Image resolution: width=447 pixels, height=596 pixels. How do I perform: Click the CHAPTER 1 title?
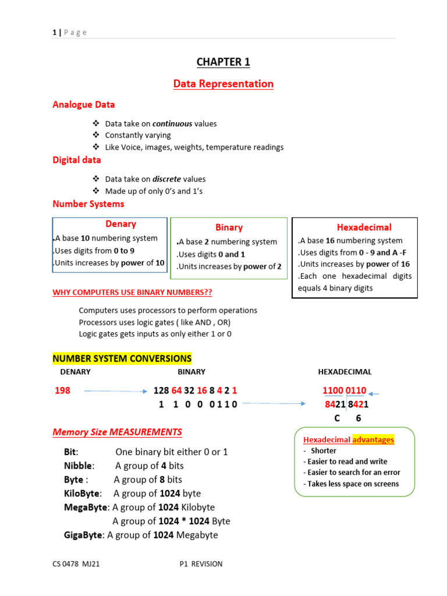(x=223, y=62)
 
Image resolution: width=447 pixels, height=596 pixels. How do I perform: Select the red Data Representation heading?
(x=223, y=84)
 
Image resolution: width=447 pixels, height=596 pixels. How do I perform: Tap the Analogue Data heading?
(x=83, y=105)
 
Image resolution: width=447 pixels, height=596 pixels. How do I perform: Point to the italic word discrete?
(x=166, y=179)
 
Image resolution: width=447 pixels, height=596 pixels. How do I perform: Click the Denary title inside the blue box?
(x=120, y=224)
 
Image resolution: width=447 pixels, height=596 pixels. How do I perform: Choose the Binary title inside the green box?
(x=229, y=228)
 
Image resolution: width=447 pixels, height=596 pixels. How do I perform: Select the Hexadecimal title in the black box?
(x=364, y=227)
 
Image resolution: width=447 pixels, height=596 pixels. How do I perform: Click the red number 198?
(x=62, y=391)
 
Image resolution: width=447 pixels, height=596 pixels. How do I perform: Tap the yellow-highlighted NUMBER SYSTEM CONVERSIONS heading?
(x=122, y=359)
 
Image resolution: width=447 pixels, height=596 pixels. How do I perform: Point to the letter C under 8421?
(x=336, y=418)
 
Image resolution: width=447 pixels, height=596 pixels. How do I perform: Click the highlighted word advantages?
(x=373, y=439)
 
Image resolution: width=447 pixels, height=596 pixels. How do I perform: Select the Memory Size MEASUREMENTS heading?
(x=117, y=432)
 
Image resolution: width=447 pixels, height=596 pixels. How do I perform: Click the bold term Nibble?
(x=79, y=466)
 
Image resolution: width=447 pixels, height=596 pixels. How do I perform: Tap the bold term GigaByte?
(x=83, y=535)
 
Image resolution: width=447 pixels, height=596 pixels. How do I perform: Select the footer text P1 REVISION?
(x=201, y=563)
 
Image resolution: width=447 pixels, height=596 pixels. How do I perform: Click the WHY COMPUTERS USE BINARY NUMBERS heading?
(x=132, y=292)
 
